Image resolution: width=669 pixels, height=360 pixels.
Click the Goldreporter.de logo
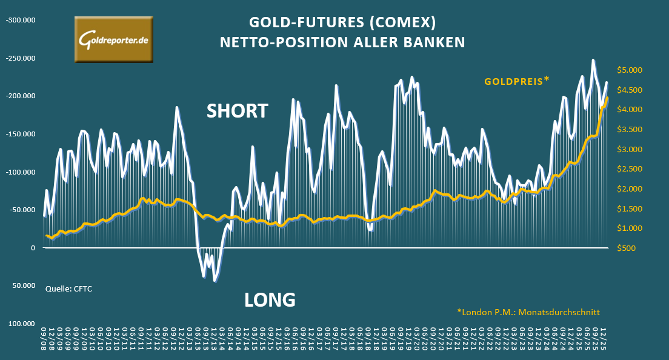[113, 39]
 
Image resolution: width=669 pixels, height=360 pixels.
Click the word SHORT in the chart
[237, 111]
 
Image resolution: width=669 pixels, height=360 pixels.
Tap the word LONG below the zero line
[270, 299]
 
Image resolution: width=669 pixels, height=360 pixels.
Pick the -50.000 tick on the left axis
[22, 210]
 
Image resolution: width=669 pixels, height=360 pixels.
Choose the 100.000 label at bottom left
[22, 324]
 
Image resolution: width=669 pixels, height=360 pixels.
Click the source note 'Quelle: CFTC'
[68, 288]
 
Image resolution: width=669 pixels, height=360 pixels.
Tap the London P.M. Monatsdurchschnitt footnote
[528, 312]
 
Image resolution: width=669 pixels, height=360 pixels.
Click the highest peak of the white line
[593, 60]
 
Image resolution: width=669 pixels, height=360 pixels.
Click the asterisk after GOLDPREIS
[546, 78]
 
